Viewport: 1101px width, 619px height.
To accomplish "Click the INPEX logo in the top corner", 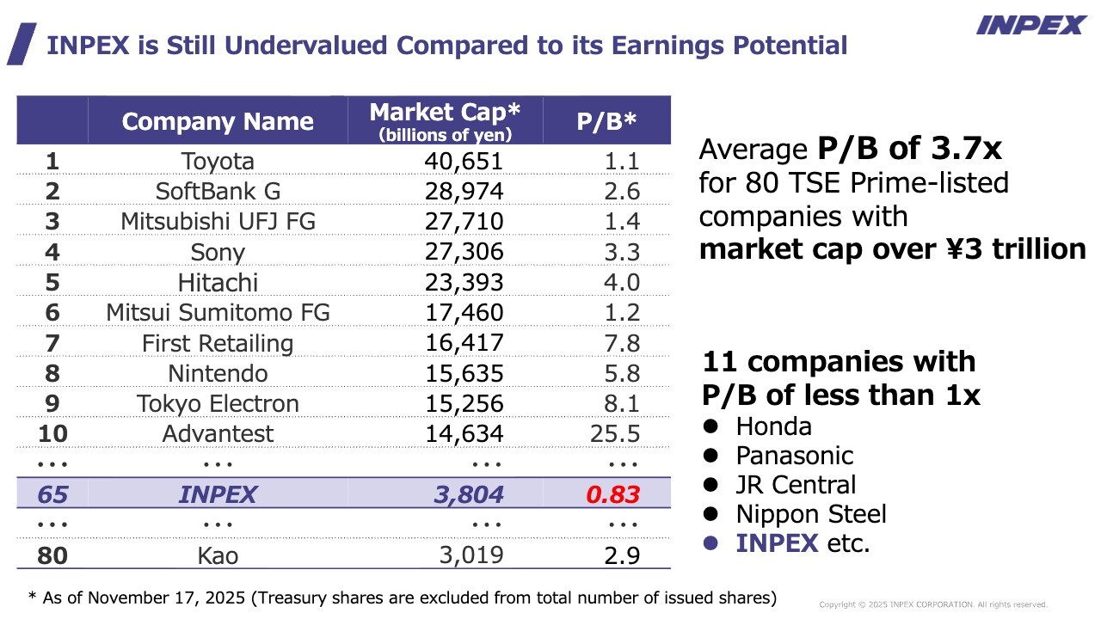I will [x=1030, y=26].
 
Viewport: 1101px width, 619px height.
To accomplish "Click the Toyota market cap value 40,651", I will [x=464, y=162].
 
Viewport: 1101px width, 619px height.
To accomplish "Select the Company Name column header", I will [x=218, y=121].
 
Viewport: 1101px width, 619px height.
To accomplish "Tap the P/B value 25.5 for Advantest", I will [x=615, y=434].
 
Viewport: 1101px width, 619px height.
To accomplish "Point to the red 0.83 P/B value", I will [x=612, y=495].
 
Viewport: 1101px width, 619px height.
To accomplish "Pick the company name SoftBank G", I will [x=218, y=192].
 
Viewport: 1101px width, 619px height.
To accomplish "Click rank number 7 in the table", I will [x=52, y=344].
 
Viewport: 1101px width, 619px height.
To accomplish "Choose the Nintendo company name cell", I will [x=218, y=374].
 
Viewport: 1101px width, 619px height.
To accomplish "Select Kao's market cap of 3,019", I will [x=471, y=555].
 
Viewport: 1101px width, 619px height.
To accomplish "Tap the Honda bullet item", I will [x=773, y=426].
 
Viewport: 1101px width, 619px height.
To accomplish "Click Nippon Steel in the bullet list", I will [x=810, y=514].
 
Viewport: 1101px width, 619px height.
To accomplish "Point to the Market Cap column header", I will [x=445, y=121].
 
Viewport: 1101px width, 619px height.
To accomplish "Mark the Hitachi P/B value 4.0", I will [x=621, y=283].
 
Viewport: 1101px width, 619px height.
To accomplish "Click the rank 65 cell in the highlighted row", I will [x=52, y=495].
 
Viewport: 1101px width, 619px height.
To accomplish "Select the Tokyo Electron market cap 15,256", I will [x=464, y=404].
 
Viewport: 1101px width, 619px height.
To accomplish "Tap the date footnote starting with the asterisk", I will [x=403, y=598].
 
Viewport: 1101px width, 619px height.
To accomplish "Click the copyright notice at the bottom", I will [x=933, y=604].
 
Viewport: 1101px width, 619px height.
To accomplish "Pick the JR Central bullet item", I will [x=796, y=485].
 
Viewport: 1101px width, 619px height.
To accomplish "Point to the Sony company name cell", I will [x=218, y=253].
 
